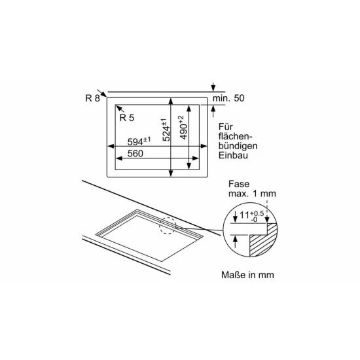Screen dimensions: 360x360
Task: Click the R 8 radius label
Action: coord(92,98)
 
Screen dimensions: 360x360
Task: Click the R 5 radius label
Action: coord(127,118)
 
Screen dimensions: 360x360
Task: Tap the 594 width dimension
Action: coord(139,141)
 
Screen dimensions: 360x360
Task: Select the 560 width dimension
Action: coord(135,153)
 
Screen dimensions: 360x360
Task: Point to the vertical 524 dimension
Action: coord(166,130)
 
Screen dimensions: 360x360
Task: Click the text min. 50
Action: coord(228,98)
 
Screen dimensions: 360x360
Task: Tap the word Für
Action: coord(225,127)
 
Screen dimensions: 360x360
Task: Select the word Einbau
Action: coord(233,155)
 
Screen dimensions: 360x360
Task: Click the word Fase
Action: coord(239,184)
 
